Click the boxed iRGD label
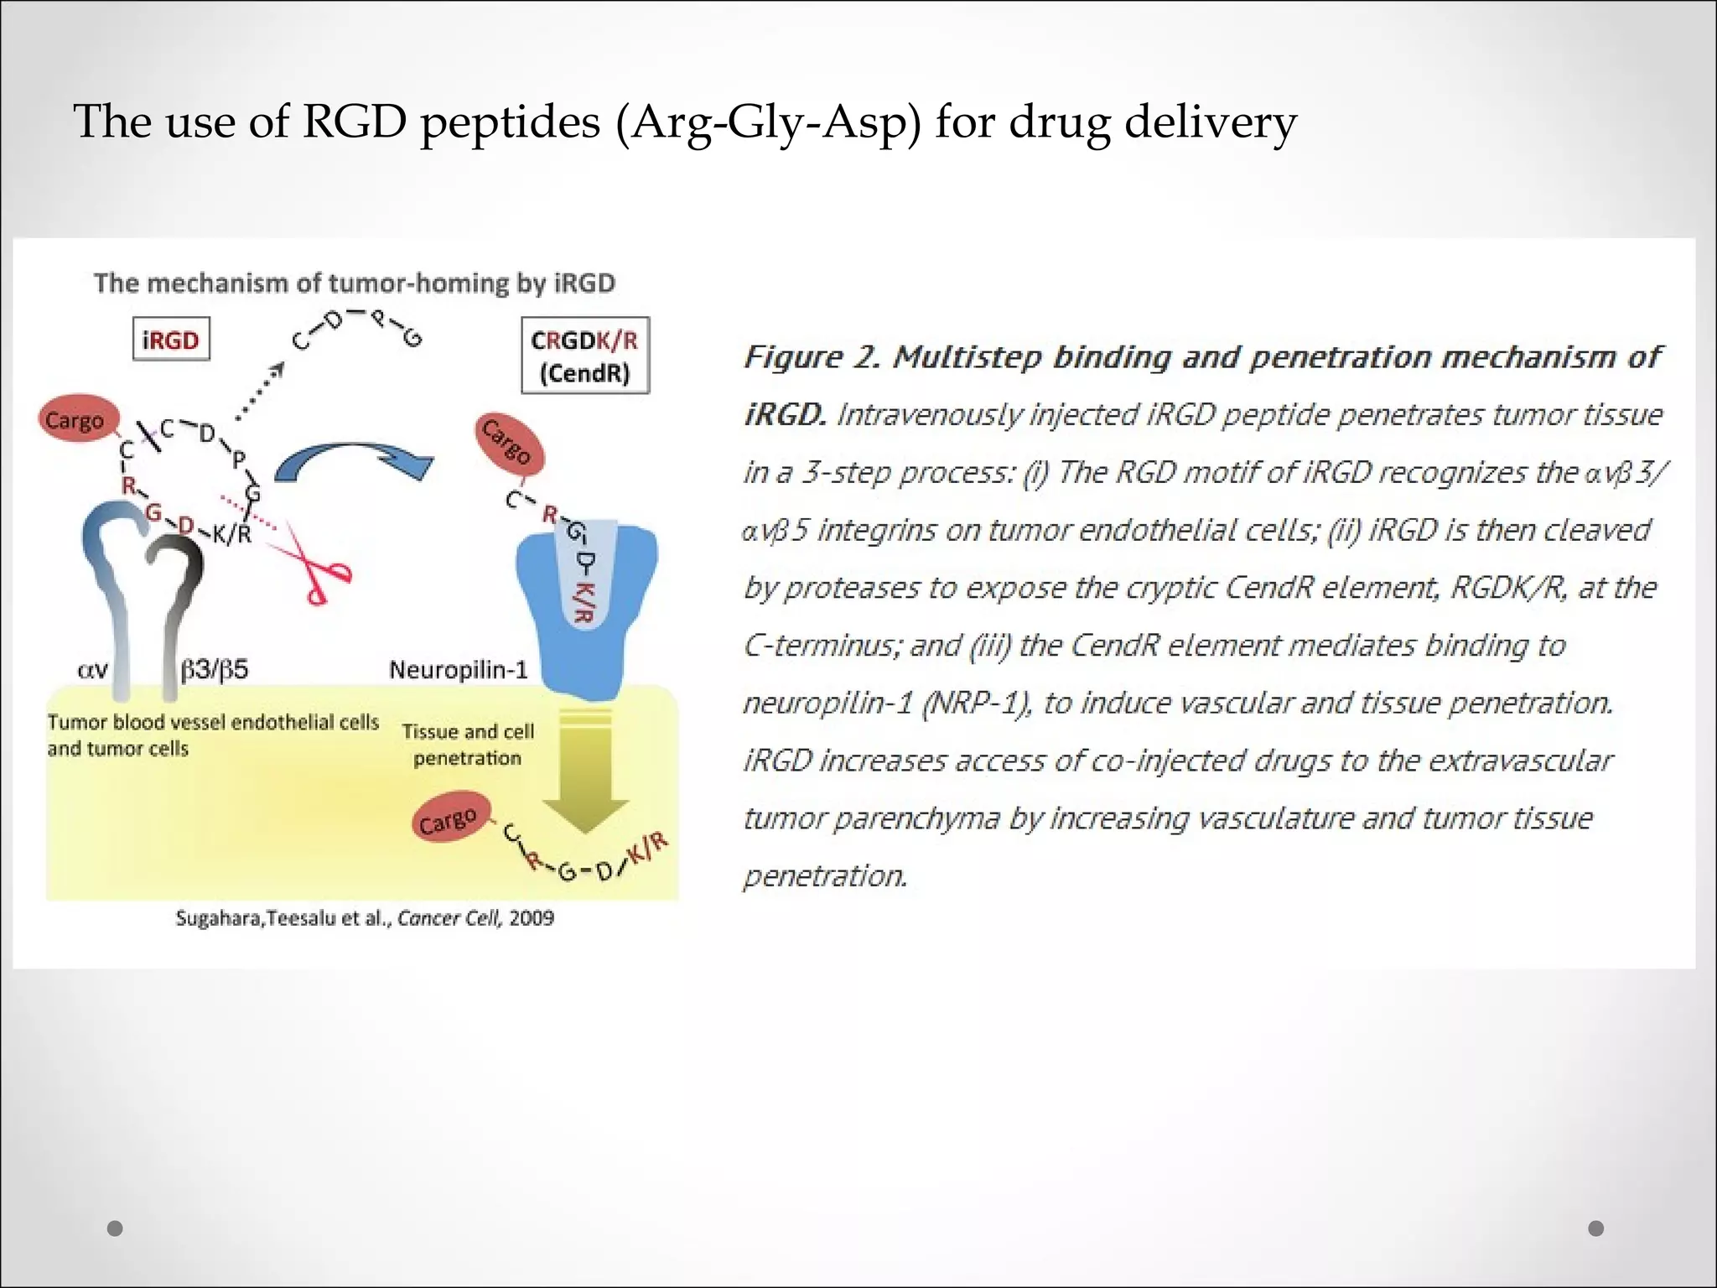coord(171,340)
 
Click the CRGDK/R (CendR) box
coord(584,356)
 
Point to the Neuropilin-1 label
coord(458,670)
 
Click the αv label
coord(92,670)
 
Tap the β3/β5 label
coord(215,670)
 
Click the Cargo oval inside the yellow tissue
coord(449,821)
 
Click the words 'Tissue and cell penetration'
coord(468,745)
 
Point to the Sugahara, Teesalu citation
coord(365,918)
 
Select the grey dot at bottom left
coord(116,1228)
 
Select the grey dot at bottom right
coord(1596,1228)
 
